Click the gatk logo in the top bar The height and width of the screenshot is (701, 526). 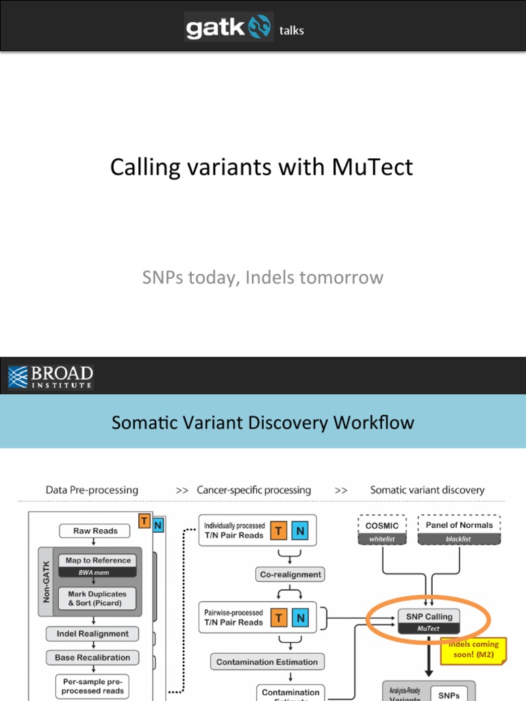[x=229, y=27]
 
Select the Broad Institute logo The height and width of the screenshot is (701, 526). [x=51, y=377]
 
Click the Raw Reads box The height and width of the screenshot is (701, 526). [x=96, y=531]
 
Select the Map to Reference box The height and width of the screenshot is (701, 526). [x=98, y=561]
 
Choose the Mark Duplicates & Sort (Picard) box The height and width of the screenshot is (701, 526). [x=97, y=598]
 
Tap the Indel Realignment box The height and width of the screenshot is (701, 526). [x=92, y=634]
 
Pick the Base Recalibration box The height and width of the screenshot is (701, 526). [x=92, y=658]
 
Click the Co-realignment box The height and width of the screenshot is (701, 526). [x=290, y=574]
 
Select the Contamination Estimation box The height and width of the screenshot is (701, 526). [x=267, y=662]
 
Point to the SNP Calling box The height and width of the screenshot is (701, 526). [x=429, y=622]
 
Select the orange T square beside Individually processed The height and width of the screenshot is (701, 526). [x=279, y=531]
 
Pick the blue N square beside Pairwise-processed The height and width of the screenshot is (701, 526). [x=299, y=618]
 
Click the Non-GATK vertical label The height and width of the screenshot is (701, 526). [x=47, y=583]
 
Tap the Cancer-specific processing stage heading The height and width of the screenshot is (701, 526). [x=253, y=490]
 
